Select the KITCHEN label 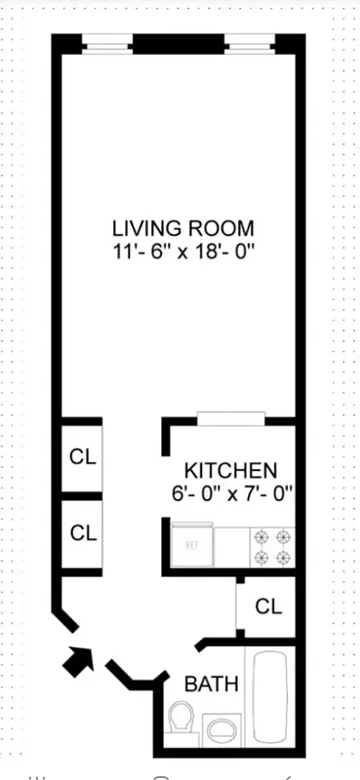[230, 470]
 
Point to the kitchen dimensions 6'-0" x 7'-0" [229, 493]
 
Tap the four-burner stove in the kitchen [272, 547]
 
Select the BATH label [212, 683]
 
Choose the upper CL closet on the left [83, 456]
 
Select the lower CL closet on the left [83, 533]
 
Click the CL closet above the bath [267, 605]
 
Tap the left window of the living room [106, 43]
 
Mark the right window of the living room [252, 43]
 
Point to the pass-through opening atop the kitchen [230, 419]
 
